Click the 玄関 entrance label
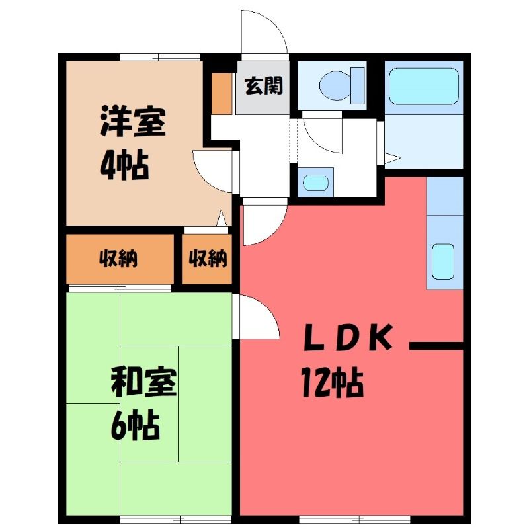click(263, 86)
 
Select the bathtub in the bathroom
click(424, 87)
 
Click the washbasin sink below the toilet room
click(316, 183)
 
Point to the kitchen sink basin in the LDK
click(443, 262)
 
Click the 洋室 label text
click(133, 121)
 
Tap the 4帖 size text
click(125, 165)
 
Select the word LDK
click(348, 337)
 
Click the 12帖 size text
click(333, 383)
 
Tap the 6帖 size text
click(135, 425)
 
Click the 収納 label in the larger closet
click(118, 259)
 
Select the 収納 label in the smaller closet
click(208, 259)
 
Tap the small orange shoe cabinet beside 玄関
click(222, 93)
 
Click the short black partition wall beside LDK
click(436, 346)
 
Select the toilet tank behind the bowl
click(358, 86)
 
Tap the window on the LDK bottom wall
click(354, 519)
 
